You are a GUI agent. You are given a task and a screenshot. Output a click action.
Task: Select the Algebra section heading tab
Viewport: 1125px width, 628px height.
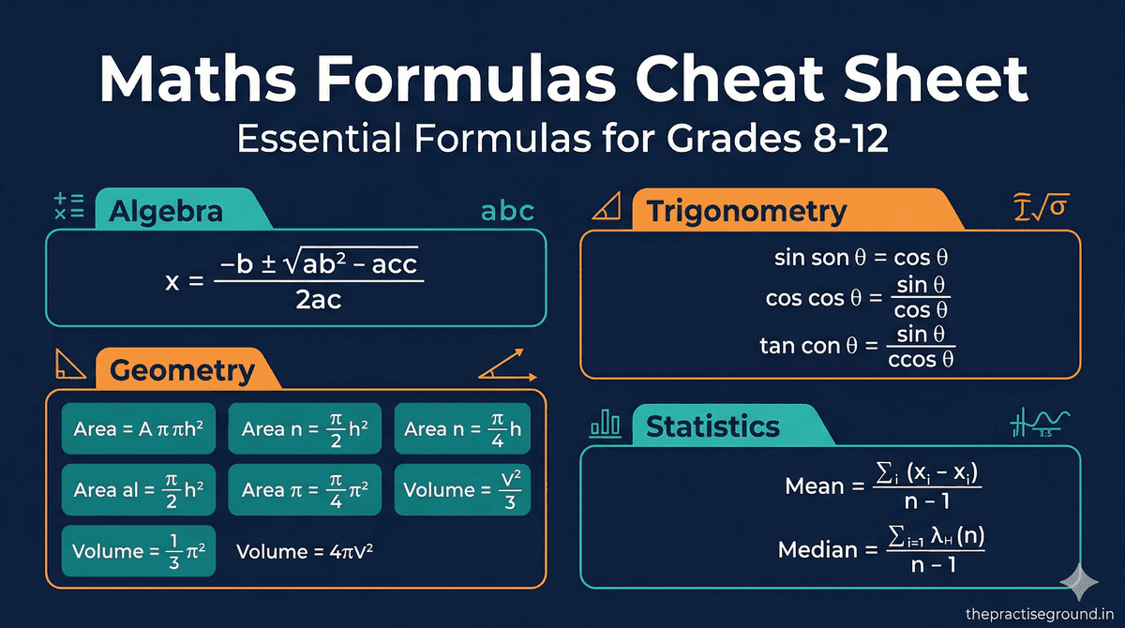coord(167,211)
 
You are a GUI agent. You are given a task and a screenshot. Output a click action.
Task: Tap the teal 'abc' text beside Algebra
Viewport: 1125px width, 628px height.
coord(506,211)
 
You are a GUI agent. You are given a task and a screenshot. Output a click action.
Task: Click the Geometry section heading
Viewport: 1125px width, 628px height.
coord(182,370)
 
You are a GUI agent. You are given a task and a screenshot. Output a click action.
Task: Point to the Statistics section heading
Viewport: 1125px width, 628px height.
coord(712,427)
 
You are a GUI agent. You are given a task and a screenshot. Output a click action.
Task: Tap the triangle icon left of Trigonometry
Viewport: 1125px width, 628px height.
coord(606,209)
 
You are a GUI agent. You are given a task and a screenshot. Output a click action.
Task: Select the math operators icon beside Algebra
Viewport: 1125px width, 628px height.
coord(69,207)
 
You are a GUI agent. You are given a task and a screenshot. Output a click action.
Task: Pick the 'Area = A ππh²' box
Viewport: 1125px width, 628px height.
coord(139,429)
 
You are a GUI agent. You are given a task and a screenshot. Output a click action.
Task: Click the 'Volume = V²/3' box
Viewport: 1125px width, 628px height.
coord(462,489)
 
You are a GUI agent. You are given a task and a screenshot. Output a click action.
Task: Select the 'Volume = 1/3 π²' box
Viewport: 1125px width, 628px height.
coord(139,551)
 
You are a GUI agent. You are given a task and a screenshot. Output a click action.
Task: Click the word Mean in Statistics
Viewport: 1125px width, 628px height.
coord(814,486)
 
